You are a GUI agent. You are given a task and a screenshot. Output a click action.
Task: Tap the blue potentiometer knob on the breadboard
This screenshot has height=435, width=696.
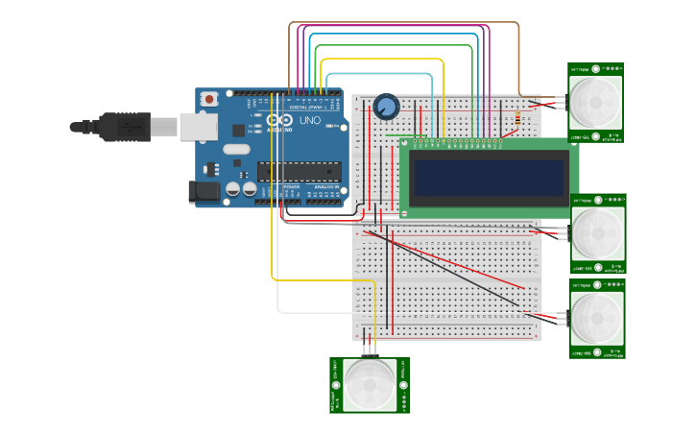click(x=387, y=107)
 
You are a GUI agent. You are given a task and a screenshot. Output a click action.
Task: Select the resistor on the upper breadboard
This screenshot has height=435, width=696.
click(x=518, y=120)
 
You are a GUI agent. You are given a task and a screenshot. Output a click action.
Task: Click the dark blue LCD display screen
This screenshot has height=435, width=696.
click(x=489, y=178)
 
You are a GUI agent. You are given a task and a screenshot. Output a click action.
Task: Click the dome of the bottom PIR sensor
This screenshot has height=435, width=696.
click(x=370, y=385)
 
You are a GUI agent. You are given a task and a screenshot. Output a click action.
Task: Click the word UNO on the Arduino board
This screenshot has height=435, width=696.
click(x=310, y=122)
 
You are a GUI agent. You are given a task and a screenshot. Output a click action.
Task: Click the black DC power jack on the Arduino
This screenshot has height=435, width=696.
click(x=204, y=192)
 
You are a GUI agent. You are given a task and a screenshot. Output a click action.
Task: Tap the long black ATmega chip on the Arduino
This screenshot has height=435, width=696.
click(x=299, y=171)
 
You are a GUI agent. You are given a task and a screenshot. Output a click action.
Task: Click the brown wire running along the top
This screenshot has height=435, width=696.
click(x=403, y=23)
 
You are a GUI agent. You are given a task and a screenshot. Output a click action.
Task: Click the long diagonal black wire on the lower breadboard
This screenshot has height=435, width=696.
click(x=451, y=274)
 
